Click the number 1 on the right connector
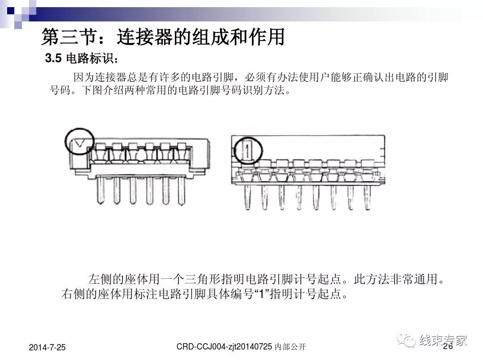(246, 151)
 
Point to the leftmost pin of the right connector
(248, 195)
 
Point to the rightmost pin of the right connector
(368, 195)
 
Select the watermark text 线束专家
(443, 341)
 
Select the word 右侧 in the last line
(71, 295)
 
